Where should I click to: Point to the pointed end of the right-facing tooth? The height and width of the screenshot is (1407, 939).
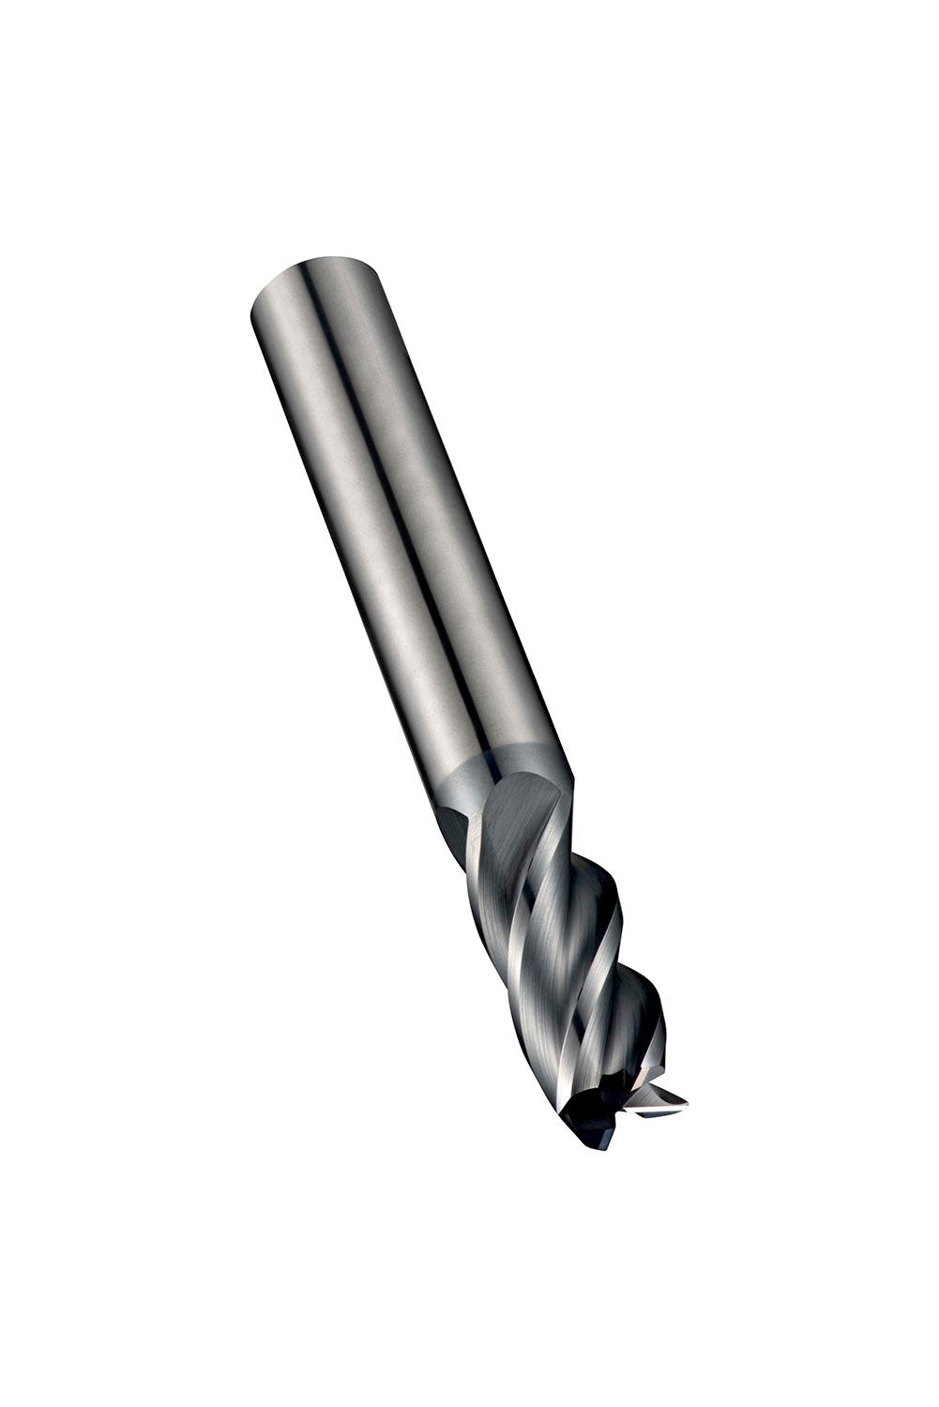point(686,1099)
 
